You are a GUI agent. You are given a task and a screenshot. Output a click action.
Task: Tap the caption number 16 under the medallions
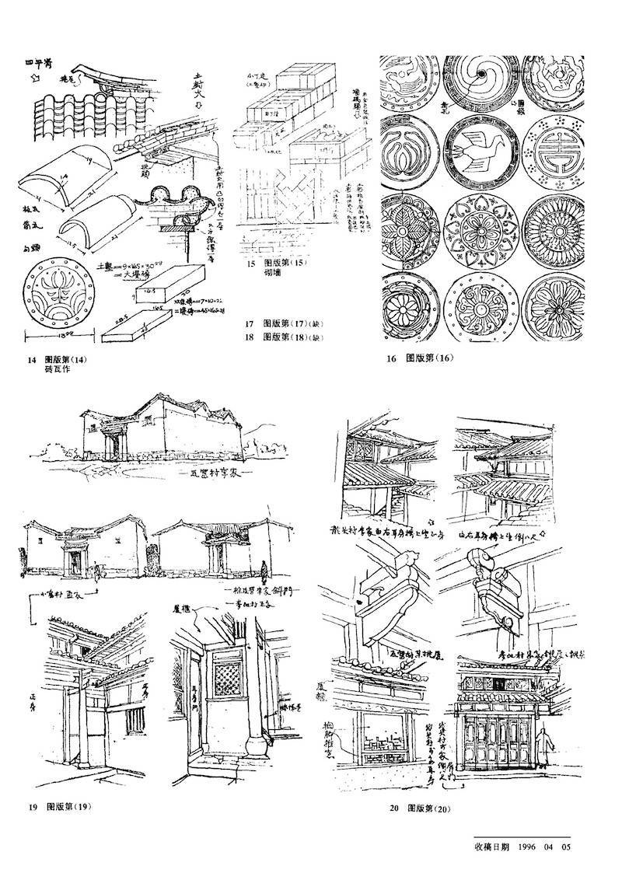[390, 358]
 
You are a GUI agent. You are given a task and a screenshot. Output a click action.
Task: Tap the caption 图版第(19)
[69, 805]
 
